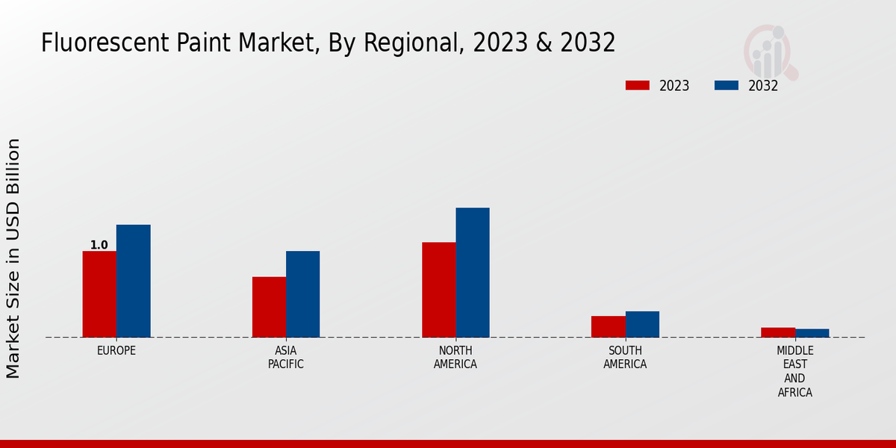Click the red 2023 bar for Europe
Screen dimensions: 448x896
tap(99, 294)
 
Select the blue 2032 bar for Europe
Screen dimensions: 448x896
tap(133, 281)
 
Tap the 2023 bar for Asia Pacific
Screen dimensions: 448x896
tap(269, 307)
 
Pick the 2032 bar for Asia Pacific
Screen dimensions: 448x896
tap(302, 294)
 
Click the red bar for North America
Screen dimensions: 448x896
tap(438, 290)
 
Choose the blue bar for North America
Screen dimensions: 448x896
tap(473, 273)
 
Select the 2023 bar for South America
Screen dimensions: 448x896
tap(608, 326)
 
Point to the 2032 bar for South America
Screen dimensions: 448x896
tap(642, 324)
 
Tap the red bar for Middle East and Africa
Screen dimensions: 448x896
tap(778, 332)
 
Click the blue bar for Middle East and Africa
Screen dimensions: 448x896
tap(812, 333)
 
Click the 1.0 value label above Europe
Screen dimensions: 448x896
tap(99, 245)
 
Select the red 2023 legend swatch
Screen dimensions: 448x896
tap(638, 85)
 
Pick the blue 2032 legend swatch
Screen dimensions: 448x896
tap(727, 85)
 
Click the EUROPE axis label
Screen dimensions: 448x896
tap(116, 350)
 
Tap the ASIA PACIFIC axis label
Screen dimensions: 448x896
tap(286, 358)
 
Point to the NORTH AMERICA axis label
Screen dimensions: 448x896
tap(455, 358)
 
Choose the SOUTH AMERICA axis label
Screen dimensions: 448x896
tap(625, 358)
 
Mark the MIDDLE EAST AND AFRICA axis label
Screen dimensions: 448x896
tap(795, 371)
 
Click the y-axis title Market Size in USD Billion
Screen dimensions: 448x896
tap(13, 258)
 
